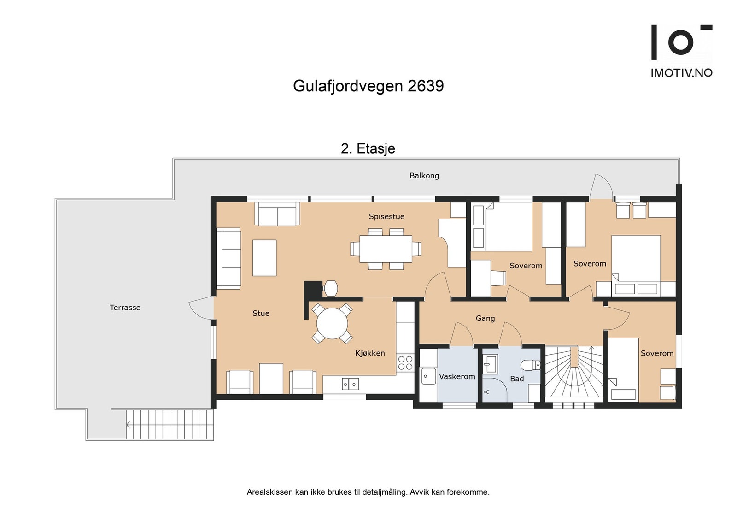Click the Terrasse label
coord(125,308)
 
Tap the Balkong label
coord(424,176)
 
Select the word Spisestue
coord(386,216)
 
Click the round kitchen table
coord(332,323)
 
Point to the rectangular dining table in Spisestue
coord(386,249)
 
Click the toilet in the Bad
coord(530,365)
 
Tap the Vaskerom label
coord(456,376)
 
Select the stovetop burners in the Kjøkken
coord(405,363)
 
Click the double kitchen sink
coord(350,384)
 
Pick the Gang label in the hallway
coord(485,318)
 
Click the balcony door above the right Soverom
coord(601,187)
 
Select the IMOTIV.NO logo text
coord(681,73)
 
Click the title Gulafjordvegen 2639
coord(368,86)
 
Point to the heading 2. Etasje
coord(368,148)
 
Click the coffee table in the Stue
coord(264,258)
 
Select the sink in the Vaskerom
coord(428,376)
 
